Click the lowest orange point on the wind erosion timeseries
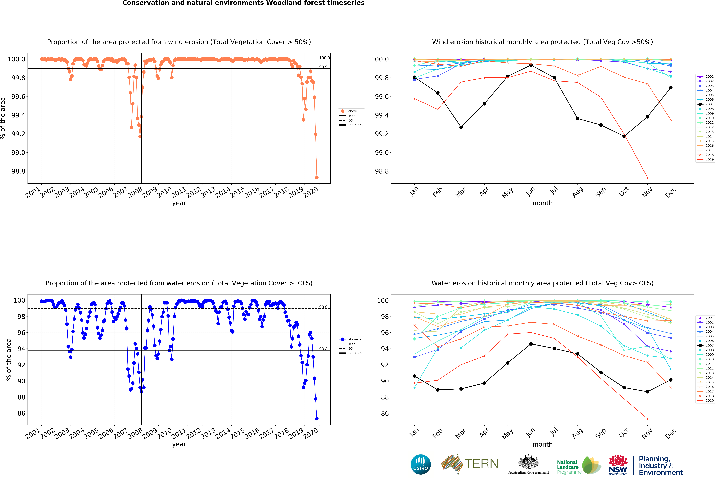(317, 177)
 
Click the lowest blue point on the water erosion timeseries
(317, 419)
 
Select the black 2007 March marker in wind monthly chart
(461, 127)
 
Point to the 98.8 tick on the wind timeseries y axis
(18, 171)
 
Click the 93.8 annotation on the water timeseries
(323, 349)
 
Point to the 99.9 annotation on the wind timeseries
(323, 67)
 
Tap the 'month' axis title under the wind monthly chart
(542, 203)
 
